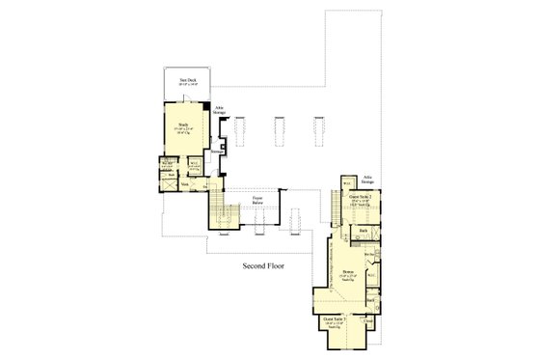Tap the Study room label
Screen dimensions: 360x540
tap(181, 125)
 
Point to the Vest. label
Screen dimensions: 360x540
tap(185, 182)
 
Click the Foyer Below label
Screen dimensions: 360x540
tap(258, 202)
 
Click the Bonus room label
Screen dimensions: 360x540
tap(345, 273)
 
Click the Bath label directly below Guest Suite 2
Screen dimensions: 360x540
tap(364, 232)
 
